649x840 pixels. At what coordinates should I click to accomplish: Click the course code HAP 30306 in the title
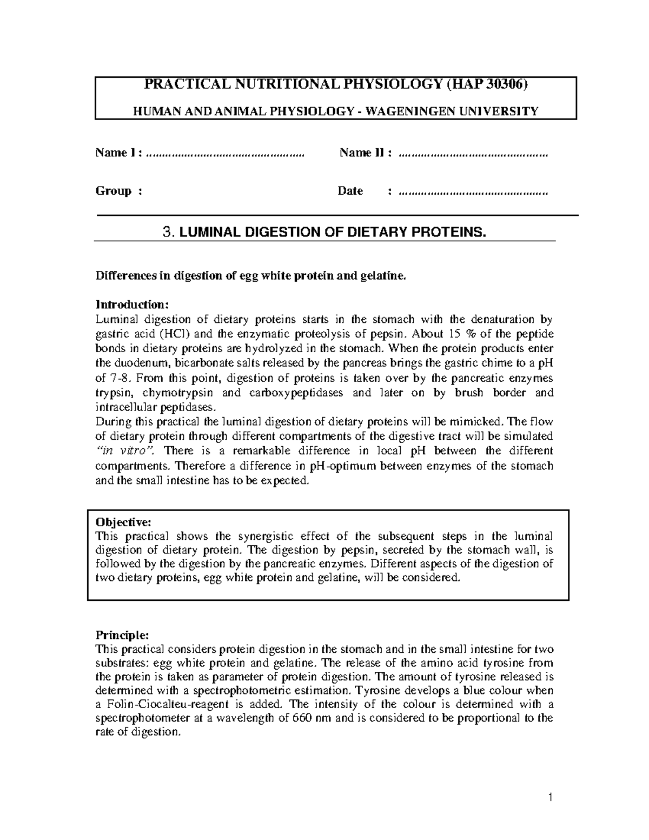click(489, 85)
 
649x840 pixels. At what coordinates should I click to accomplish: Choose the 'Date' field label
click(350, 191)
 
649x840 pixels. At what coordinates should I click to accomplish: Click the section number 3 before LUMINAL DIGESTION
click(167, 233)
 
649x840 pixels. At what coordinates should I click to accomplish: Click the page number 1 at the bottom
click(549, 797)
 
